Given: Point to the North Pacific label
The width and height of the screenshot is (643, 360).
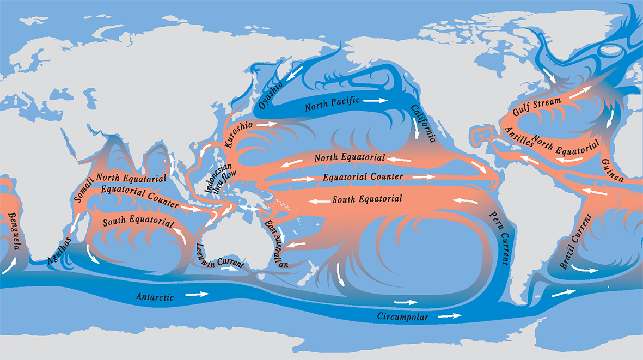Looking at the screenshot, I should (332, 103).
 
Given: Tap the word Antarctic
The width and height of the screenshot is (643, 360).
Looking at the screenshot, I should (155, 297).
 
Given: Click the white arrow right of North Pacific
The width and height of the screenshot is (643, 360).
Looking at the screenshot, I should (376, 101).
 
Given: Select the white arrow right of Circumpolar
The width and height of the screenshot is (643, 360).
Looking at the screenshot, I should (450, 315).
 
